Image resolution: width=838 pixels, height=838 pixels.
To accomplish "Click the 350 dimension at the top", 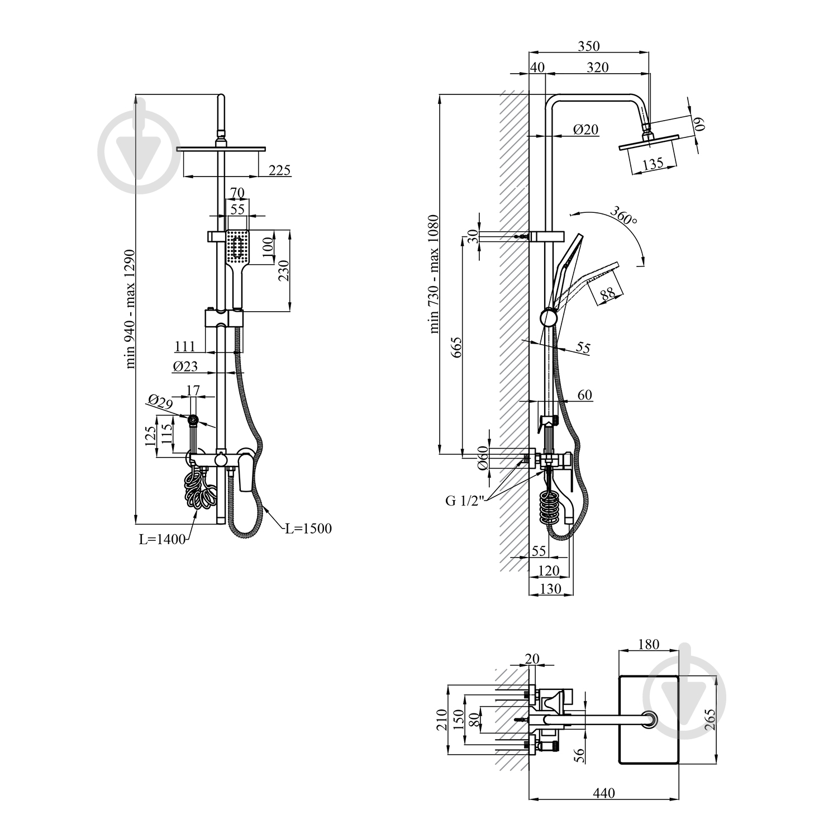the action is point(589,46).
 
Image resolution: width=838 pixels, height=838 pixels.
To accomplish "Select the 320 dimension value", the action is point(597,67).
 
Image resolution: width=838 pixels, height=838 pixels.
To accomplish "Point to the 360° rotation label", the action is point(623,215).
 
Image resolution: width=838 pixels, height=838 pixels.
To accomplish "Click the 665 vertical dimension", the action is point(456,347).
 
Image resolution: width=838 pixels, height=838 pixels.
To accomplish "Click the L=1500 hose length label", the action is point(308,528).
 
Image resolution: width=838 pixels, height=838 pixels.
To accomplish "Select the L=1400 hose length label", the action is point(162,540).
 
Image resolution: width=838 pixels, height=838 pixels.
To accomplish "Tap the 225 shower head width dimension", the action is point(279,170).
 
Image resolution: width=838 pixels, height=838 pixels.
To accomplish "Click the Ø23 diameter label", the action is point(185,366).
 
